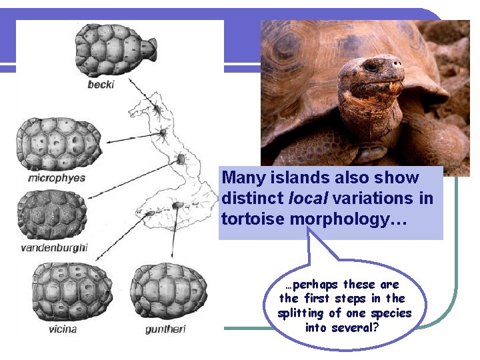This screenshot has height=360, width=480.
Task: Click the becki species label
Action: click(x=101, y=85)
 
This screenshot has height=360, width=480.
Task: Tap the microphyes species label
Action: click(x=57, y=178)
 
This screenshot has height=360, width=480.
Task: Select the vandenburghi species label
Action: click(x=54, y=249)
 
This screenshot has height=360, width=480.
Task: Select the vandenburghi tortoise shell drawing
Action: click(x=53, y=215)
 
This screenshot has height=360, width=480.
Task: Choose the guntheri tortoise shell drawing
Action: click(x=165, y=291)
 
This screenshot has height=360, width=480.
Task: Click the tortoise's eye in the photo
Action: click(x=369, y=67)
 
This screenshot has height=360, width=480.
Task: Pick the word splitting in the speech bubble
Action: click(x=303, y=313)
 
